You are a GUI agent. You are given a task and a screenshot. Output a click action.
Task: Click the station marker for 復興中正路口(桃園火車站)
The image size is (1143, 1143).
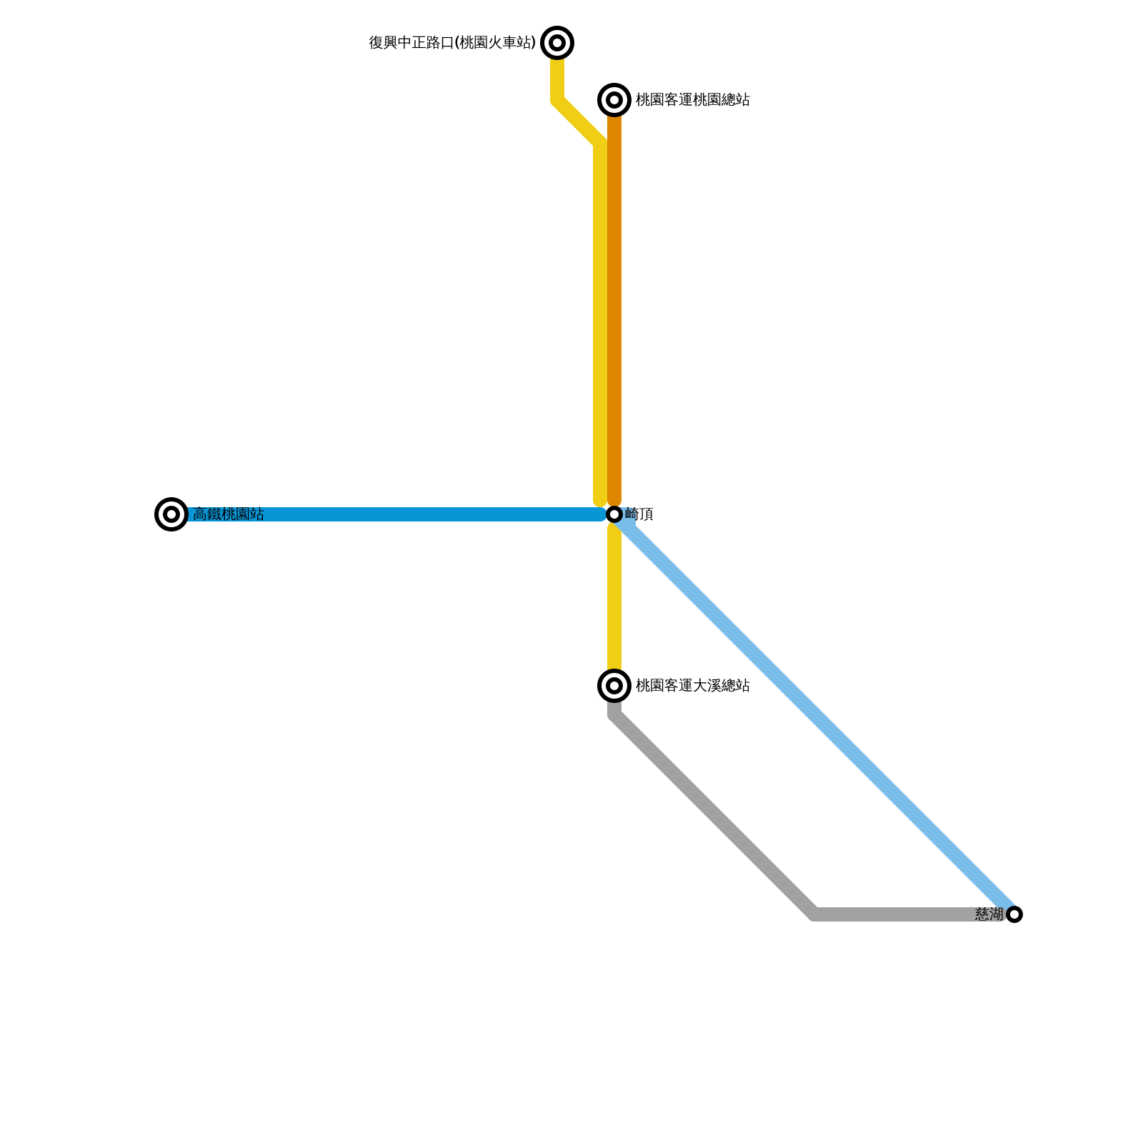(x=557, y=43)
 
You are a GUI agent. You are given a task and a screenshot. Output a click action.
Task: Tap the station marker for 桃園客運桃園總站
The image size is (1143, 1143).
(x=614, y=100)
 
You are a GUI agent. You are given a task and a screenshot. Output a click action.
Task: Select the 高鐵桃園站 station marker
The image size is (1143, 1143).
(x=171, y=514)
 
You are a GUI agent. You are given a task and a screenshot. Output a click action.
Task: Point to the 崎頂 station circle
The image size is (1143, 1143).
(x=614, y=514)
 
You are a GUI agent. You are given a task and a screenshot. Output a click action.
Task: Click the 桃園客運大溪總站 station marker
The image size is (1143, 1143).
(x=614, y=686)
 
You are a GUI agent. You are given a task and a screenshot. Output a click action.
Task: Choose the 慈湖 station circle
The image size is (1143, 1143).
(x=1014, y=914)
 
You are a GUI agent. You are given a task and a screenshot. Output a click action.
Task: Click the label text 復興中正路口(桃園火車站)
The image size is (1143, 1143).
(x=452, y=43)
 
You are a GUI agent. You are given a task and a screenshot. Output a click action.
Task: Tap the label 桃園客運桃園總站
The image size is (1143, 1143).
(x=692, y=100)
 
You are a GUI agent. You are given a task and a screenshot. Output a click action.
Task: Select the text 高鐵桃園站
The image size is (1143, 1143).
(x=229, y=514)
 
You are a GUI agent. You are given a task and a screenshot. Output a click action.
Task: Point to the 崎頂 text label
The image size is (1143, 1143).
(x=639, y=514)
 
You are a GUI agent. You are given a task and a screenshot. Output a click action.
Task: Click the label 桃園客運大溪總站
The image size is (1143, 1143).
(x=692, y=686)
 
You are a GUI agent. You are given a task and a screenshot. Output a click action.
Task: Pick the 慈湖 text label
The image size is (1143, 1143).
(x=989, y=914)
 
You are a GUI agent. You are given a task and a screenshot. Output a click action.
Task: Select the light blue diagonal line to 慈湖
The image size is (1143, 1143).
(x=814, y=714)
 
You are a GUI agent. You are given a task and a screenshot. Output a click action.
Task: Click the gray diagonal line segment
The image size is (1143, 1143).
(x=714, y=814)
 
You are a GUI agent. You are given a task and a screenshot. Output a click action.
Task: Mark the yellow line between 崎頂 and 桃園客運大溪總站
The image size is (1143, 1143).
(x=614, y=600)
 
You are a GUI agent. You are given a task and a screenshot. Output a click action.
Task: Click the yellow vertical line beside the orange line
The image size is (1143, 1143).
(x=600, y=321)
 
